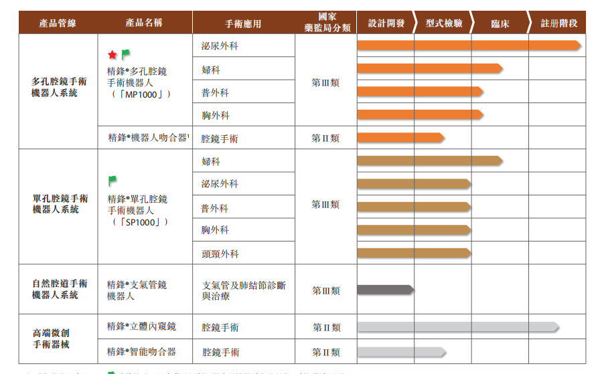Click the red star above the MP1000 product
click(112, 55)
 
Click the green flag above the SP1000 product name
click(112, 180)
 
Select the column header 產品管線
click(58, 23)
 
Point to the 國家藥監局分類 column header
click(325, 23)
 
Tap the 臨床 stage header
click(500, 23)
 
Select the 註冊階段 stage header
click(558, 23)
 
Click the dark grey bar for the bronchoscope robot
click(384, 290)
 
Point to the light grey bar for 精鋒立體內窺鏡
click(457, 326)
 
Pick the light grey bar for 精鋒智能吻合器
click(400, 352)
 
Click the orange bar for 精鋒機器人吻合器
click(400, 138)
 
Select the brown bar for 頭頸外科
click(413, 253)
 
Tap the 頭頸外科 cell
click(220, 254)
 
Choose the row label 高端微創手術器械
click(60, 339)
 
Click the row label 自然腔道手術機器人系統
click(60, 289)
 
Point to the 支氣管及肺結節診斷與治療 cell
click(244, 290)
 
